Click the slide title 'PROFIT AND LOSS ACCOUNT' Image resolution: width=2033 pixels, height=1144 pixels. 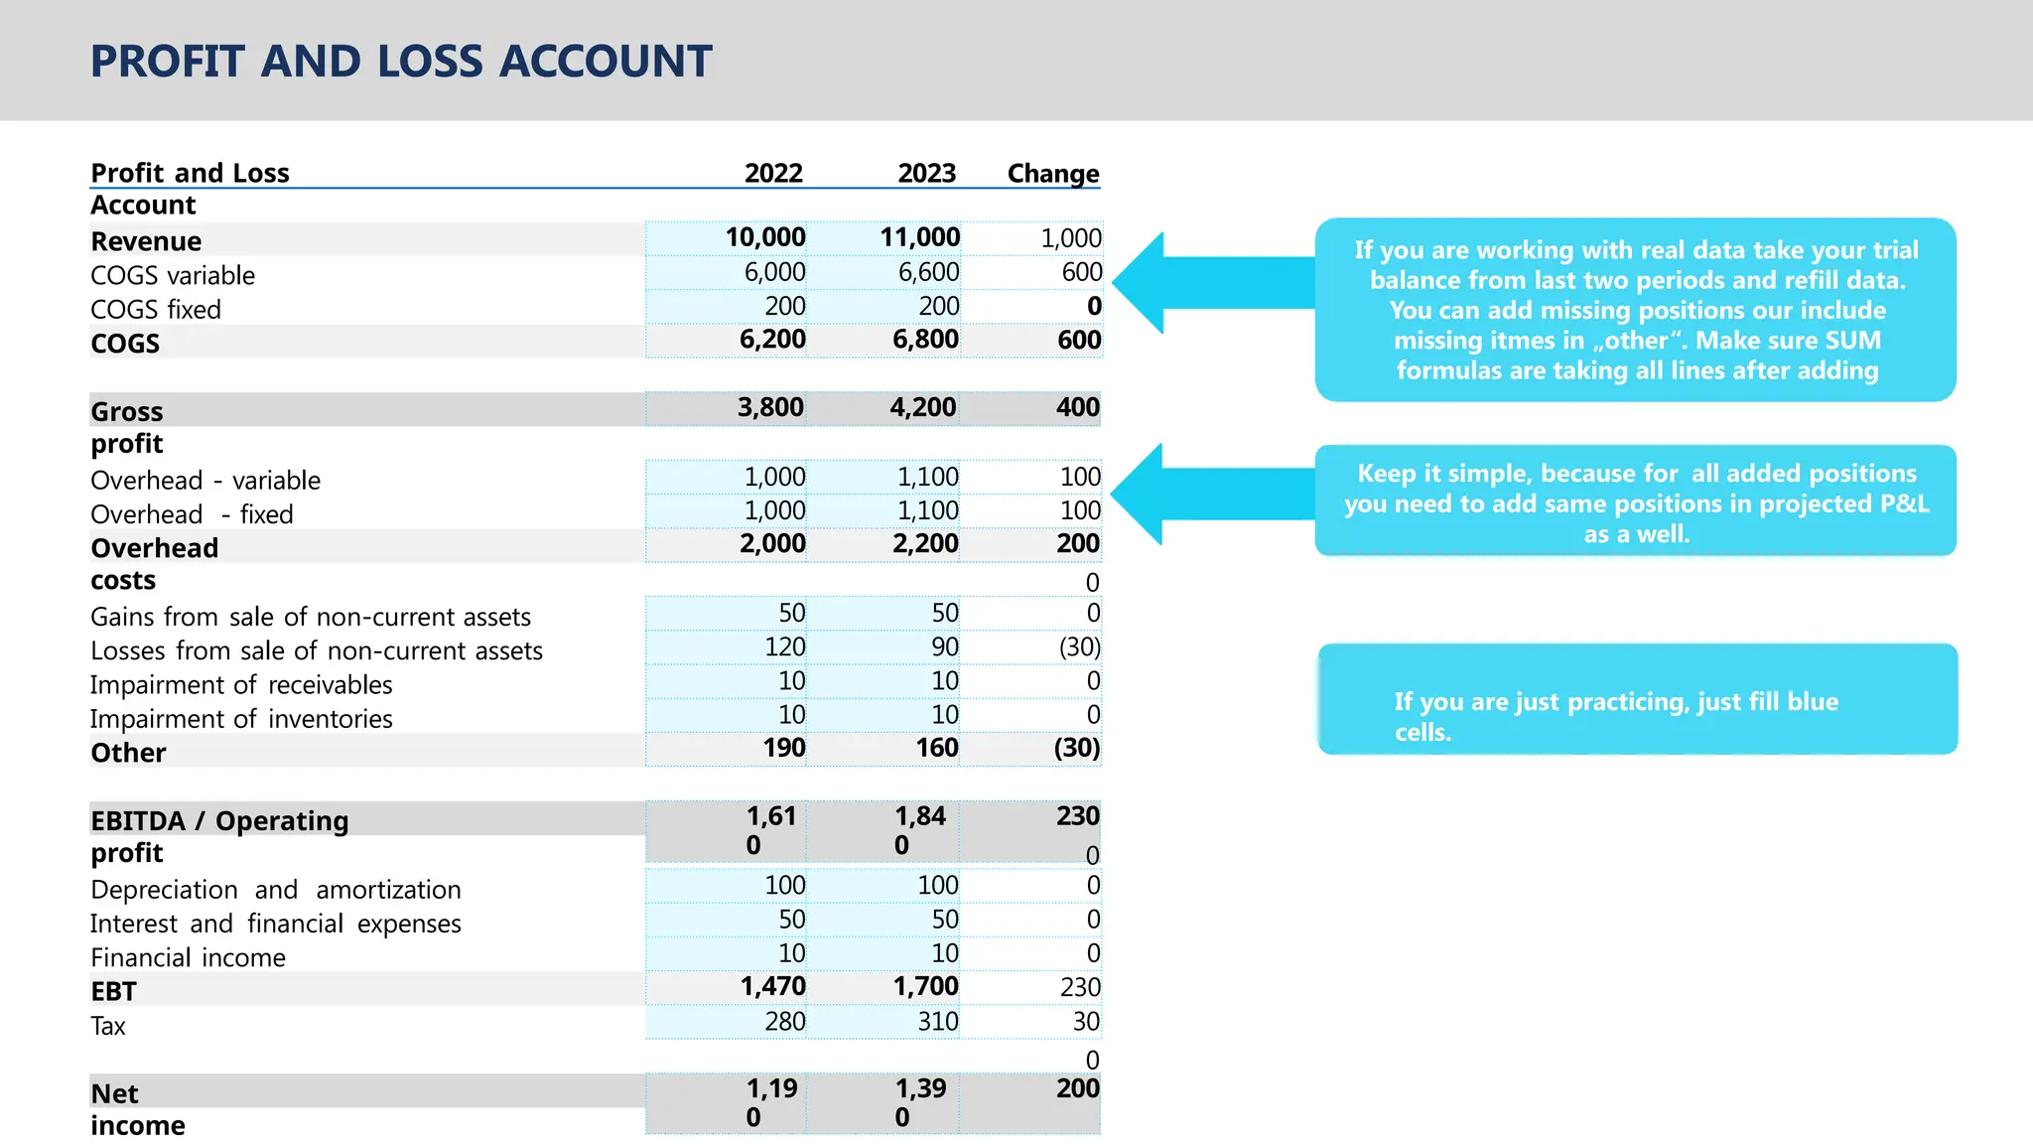click(x=401, y=62)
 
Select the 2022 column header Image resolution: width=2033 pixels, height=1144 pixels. click(x=773, y=173)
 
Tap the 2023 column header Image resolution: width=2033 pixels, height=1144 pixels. click(x=926, y=173)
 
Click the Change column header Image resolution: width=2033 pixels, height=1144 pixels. click(x=1052, y=174)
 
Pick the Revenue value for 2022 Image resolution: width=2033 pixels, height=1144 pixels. click(x=764, y=237)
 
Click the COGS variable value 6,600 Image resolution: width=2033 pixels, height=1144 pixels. click(x=928, y=272)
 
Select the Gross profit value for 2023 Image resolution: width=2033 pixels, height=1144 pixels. click(x=922, y=407)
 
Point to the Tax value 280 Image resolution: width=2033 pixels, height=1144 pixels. click(x=784, y=1021)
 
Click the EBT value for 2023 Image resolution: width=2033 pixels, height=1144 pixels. click(x=925, y=986)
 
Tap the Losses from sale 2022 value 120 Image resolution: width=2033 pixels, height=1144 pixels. click(x=784, y=646)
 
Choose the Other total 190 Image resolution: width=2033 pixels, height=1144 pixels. click(x=783, y=748)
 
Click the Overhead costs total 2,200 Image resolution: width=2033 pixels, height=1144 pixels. click(x=925, y=543)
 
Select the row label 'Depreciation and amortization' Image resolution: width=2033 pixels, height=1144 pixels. click(x=276, y=890)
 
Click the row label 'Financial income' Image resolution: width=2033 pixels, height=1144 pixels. click(x=188, y=957)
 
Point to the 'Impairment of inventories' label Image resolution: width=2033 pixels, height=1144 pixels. click(x=241, y=719)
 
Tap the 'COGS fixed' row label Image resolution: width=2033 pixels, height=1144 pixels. click(x=156, y=310)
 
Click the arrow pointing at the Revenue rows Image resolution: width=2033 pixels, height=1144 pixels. click(x=1211, y=283)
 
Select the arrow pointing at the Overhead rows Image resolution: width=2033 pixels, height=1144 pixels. click(x=1211, y=494)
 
